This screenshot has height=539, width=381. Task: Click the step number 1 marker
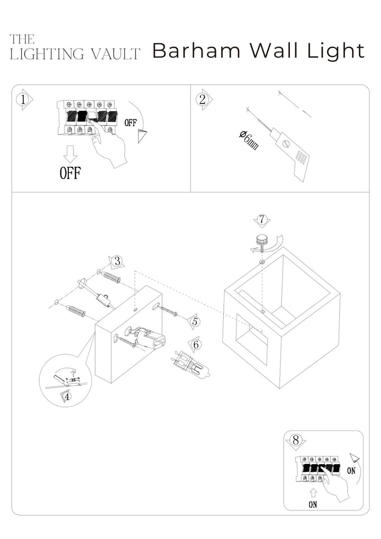pos(22,99)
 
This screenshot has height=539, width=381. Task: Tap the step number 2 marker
pos(202,99)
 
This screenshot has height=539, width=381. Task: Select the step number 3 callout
pos(118,261)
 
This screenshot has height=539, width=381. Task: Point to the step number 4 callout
pos(67,396)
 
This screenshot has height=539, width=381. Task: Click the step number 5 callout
pos(195,321)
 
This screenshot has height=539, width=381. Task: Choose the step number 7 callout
pos(260,220)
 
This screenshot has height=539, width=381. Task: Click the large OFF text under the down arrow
pos(70,173)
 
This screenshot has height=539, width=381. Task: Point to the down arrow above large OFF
pos(70,154)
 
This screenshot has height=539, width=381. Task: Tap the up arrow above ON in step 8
pos(313,492)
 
